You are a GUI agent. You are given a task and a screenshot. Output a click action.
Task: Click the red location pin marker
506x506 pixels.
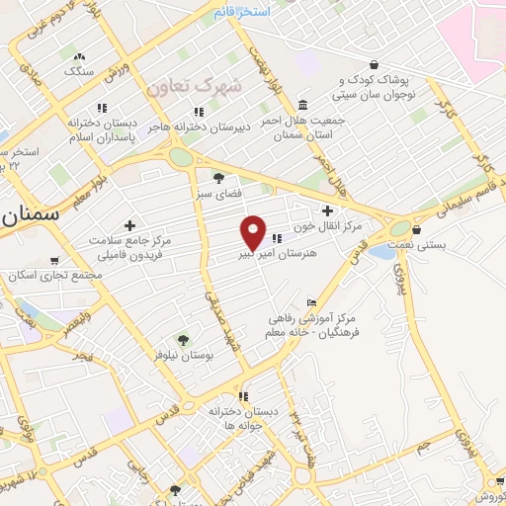tap(254, 231)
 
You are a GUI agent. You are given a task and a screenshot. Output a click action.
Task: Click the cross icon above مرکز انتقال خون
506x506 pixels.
tap(328, 211)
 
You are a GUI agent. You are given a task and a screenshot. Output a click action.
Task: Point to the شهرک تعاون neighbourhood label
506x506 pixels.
tap(194, 86)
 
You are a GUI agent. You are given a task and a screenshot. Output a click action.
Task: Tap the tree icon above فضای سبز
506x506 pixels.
tap(217, 178)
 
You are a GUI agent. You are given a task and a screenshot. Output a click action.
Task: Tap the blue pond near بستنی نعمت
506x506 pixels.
tap(381, 253)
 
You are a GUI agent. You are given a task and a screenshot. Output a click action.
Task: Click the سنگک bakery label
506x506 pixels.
tap(78, 71)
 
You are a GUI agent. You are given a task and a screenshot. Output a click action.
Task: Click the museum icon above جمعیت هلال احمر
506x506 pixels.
tap(301, 106)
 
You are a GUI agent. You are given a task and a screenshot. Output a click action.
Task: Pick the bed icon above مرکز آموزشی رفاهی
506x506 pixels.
tap(312, 302)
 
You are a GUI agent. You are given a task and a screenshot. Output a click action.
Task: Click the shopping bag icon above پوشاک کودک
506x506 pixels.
tap(372, 64)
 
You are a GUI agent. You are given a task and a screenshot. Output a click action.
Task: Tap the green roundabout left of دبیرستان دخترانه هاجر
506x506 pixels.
tap(181, 157)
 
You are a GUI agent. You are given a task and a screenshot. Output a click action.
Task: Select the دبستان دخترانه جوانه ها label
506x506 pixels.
tap(241, 417)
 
